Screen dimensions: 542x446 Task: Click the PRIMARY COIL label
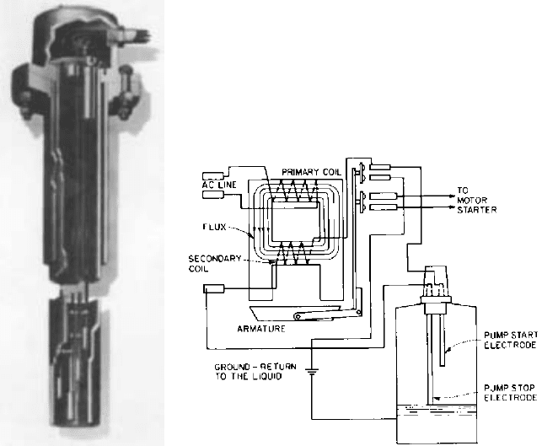[x=311, y=172]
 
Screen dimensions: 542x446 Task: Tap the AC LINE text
[x=219, y=185]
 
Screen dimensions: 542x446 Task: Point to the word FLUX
[x=214, y=227]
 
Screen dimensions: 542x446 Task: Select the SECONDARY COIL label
[x=214, y=263]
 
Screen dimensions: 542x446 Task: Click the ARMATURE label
[x=261, y=329]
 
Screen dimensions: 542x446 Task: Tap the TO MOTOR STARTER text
[x=476, y=200]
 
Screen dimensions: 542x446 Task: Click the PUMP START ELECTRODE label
[x=511, y=341]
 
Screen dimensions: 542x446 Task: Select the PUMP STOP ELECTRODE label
[x=510, y=393]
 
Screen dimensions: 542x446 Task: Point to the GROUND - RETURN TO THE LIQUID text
[x=255, y=372]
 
